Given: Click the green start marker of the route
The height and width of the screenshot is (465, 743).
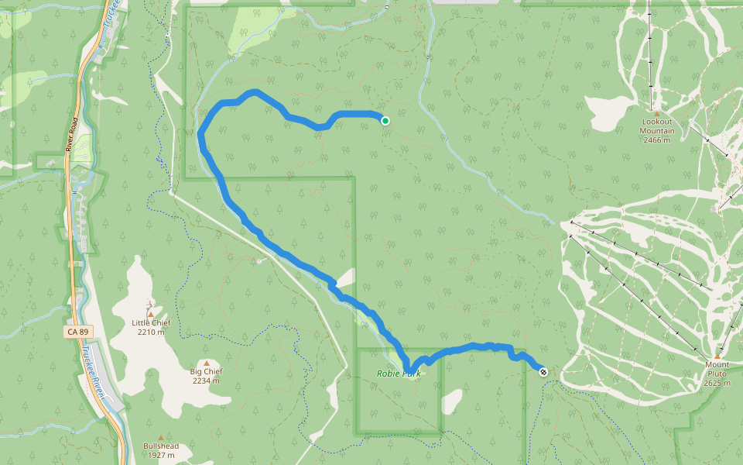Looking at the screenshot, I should (x=385, y=120).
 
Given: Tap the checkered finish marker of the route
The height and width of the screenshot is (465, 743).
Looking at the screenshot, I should (x=543, y=372).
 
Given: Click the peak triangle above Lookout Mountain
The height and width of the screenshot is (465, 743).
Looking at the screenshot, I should (x=656, y=113).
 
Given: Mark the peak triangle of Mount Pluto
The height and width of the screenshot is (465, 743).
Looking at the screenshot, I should (x=717, y=356).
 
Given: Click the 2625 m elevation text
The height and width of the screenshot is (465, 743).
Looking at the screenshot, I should (x=717, y=383).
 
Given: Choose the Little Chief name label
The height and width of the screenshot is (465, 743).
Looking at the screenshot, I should (x=151, y=323).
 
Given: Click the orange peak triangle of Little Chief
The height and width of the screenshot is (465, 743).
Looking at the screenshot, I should (x=151, y=313).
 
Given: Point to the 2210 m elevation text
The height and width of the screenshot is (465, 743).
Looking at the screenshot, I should (x=151, y=332).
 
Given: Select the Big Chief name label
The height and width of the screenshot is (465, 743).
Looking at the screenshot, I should (x=207, y=371).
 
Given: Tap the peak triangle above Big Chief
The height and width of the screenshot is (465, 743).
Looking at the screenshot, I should (x=207, y=362).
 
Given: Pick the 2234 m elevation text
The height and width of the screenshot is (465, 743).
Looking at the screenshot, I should (x=207, y=381).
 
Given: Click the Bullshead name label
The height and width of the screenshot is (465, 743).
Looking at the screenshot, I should (x=160, y=446).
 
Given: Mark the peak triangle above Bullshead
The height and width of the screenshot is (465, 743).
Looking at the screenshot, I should (x=160, y=437).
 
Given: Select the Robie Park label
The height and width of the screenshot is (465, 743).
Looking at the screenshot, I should (x=399, y=374).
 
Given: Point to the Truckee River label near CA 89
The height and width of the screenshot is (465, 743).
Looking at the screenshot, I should (x=98, y=368).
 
